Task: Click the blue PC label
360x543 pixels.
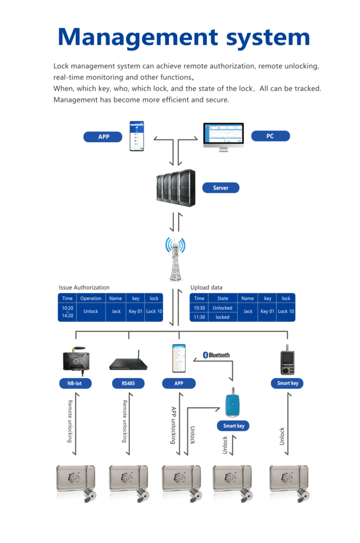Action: [x=270, y=136]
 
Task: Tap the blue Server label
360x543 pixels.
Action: [x=221, y=188]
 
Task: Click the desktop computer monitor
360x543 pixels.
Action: [x=223, y=137]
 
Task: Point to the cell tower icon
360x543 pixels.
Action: [x=175, y=259]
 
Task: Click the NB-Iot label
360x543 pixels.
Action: [x=75, y=383]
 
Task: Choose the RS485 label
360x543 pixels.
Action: [x=128, y=383]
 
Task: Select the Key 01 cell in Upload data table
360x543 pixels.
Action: [x=268, y=311]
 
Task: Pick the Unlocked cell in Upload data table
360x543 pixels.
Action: [x=223, y=308]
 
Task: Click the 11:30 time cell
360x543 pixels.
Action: [x=199, y=317]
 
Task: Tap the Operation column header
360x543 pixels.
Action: [x=91, y=299]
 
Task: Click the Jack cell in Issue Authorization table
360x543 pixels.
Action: [x=116, y=311]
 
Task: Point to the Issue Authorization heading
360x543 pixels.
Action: [x=84, y=287]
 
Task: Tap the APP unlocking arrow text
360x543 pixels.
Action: [x=173, y=425]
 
